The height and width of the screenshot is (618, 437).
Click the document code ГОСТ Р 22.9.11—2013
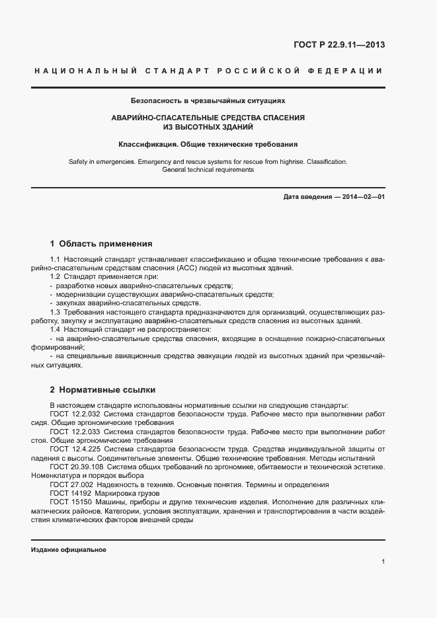339,45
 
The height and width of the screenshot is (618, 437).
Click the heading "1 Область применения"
101,243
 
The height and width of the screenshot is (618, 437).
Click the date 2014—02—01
362,197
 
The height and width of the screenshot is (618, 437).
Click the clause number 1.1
55,259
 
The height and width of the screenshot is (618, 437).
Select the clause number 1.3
55,311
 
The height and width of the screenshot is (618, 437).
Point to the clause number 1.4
55,328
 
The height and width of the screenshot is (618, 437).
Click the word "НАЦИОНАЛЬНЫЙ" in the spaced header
84,71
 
